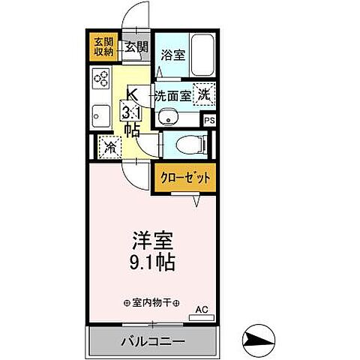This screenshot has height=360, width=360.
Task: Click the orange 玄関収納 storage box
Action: [103, 47]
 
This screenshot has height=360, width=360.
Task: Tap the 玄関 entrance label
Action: [135, 47]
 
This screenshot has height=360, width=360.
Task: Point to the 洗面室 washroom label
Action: [172, 95]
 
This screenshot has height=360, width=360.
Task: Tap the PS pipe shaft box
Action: [208, 118]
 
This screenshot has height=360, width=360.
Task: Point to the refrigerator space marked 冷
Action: [109, 147]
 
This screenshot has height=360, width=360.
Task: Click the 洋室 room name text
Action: [152, 243]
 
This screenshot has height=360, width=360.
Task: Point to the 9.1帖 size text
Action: [152, 264]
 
